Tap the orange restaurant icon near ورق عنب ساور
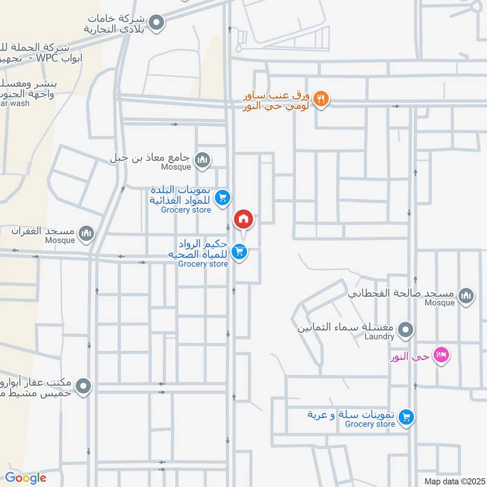click(321, 97)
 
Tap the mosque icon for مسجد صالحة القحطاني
click(466, 296)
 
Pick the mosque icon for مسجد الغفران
click(87, 233)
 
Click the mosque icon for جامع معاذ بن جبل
click(203, 160)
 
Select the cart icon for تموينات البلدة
click(223, 197)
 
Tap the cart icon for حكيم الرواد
click(240, 251)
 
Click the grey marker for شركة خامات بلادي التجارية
click(157, 23)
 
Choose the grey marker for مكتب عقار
click(84, 386)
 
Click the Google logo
click(25, 478)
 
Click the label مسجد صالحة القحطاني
click(401, 293)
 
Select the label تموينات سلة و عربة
click(351, 415)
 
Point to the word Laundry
click(379, 337)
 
